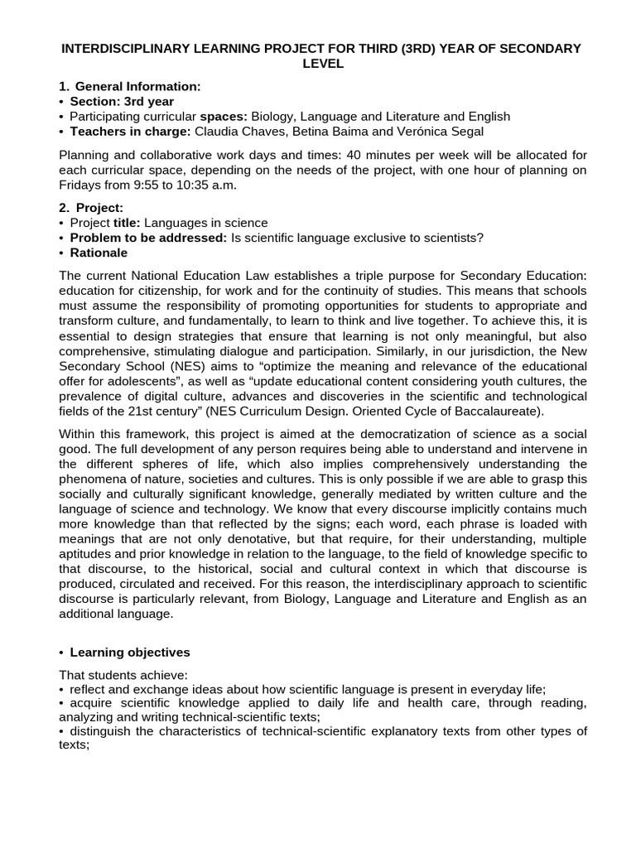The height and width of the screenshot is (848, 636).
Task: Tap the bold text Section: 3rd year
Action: click(x=122, y=101)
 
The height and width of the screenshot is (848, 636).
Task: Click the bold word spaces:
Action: click(x=224, y=117)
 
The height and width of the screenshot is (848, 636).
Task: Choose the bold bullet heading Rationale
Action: click(x=99, y=253)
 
